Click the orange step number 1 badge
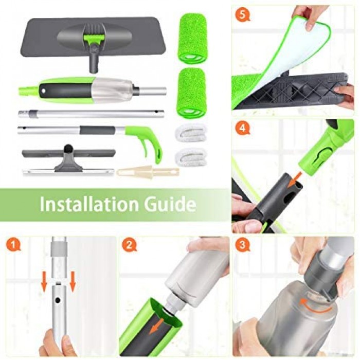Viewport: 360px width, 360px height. [x=13, y=245]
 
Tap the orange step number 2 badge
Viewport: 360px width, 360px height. [x=129, y=245]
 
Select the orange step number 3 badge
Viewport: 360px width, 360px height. [x=242, y=245]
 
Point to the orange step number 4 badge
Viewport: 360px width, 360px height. [x=243, y=128]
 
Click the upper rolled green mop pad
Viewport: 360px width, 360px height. [x=193, y=39]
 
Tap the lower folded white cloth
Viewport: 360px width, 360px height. [x=190, y=157]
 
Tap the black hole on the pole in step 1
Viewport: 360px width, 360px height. [x=58, y=300]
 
